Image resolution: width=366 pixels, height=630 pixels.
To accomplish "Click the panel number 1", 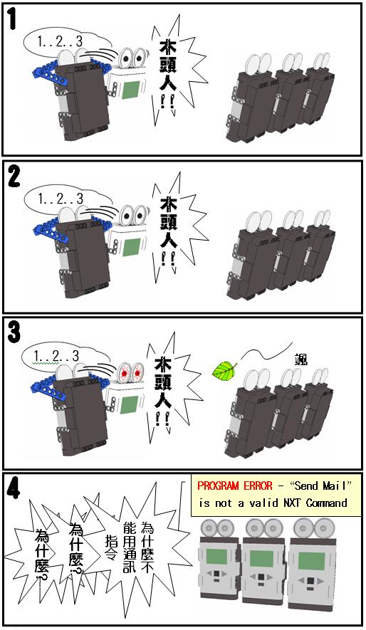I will pyautogui.click(x=11, y=19).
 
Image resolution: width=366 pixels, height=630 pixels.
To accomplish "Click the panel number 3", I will pyautogui.click(x=13, y=332).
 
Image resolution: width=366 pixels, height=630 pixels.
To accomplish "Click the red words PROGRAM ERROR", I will pyautogui.click(x=234, y=485).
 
